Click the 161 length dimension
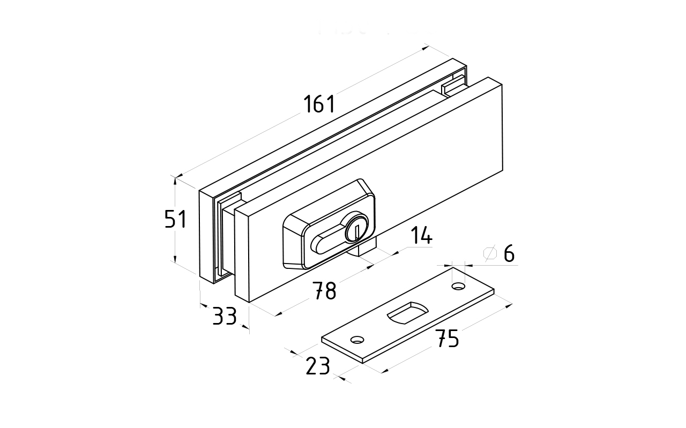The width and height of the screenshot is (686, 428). point(319,104)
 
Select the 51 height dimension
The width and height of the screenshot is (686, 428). point(175,219)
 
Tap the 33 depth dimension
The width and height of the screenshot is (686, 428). point(225,316)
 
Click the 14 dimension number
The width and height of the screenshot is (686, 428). point(421,236)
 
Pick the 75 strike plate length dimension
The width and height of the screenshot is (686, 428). point(446,338)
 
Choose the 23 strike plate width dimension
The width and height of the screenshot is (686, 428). point(317,366)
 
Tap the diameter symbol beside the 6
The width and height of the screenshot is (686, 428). point(490,253)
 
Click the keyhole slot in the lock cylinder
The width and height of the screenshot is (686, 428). point(356,231)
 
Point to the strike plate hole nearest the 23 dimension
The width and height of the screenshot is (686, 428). point(356,339)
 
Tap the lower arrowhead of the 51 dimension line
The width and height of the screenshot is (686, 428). point(175,260)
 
